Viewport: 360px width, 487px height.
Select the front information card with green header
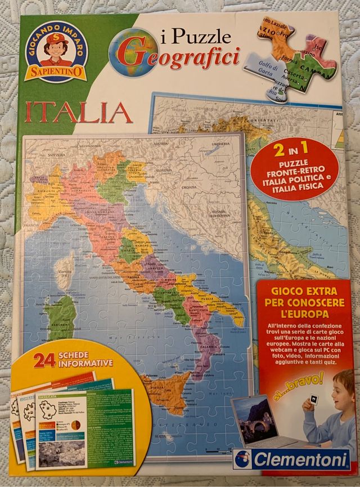[84, 428]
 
